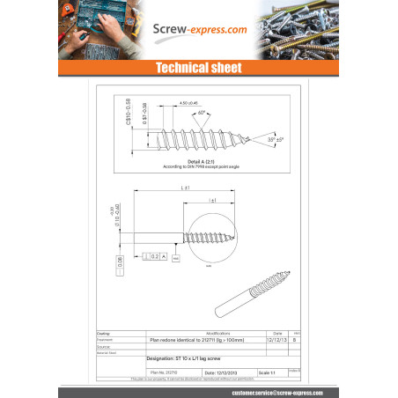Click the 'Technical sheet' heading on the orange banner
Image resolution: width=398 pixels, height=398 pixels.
point(198,67)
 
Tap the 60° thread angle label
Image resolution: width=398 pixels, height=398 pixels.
point(202,113)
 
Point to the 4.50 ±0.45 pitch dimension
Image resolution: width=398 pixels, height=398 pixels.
point(189,103)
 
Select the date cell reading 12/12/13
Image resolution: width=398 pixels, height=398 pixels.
point(275,338)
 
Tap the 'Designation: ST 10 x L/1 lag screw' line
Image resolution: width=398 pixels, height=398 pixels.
point(184,359)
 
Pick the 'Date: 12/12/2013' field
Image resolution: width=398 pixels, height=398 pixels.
point(222,372)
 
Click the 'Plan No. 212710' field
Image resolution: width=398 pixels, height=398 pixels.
point(164,372)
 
